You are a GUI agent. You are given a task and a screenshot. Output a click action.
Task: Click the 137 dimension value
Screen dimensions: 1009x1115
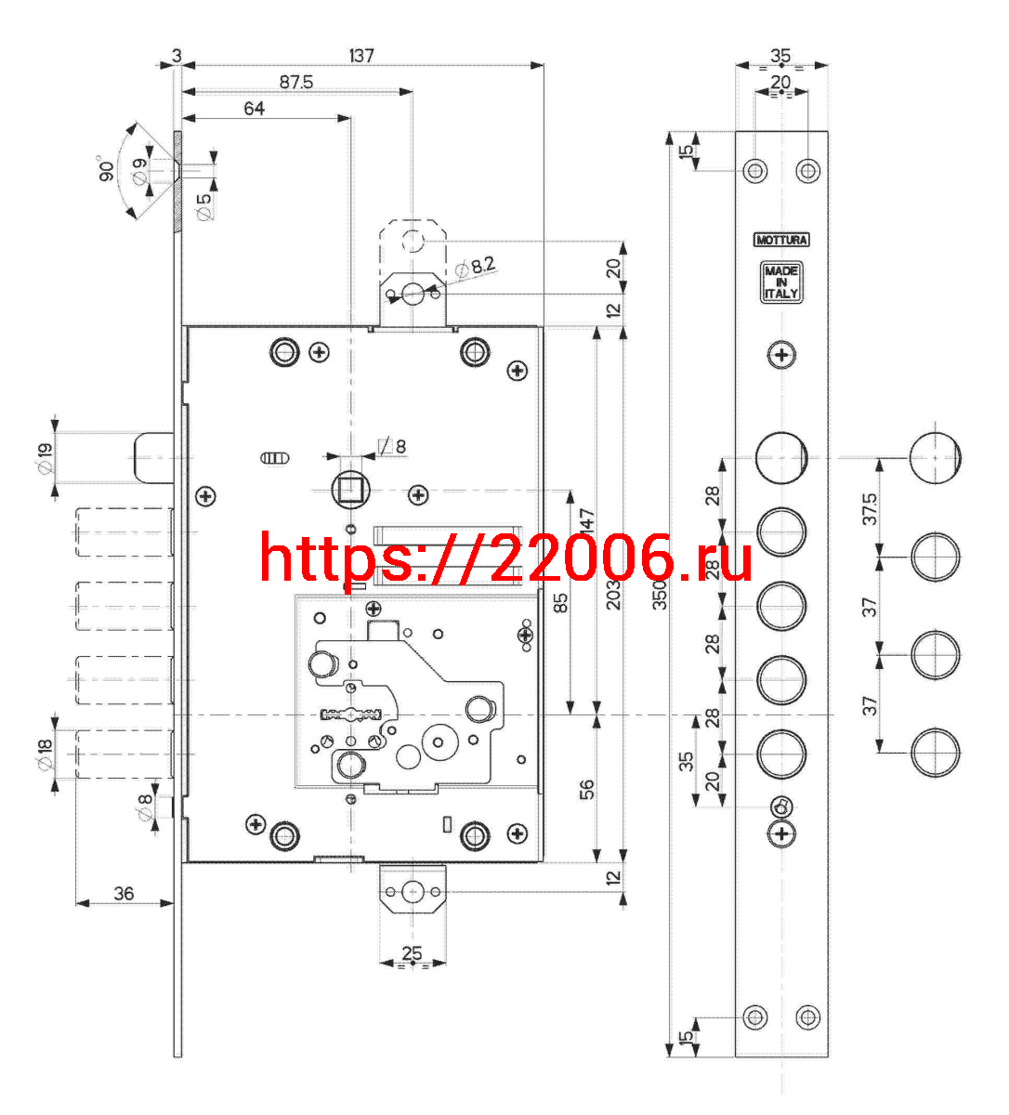click(361, 56)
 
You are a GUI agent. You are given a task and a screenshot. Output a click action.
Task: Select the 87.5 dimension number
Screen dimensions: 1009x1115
click(296, 82)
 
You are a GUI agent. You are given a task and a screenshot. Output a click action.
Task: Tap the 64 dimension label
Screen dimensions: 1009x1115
click(254, 109)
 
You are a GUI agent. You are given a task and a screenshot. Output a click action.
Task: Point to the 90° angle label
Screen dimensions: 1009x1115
click(106, 168)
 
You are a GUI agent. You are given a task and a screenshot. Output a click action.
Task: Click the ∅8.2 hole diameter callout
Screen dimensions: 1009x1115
click(476, 267)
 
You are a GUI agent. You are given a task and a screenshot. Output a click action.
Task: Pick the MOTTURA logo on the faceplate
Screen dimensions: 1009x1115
click(781, 240)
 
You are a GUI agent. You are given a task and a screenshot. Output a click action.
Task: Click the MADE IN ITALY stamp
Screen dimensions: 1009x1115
click(781, 282)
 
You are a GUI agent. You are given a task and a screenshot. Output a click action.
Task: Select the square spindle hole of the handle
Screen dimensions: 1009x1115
click(351, 490)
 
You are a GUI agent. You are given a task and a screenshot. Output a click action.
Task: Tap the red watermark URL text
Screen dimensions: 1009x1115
click(505, 557)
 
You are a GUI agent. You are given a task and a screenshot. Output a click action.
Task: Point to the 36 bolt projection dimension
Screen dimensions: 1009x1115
click(124, 894)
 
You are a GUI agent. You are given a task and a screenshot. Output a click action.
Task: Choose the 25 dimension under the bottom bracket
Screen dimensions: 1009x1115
click(412, 953)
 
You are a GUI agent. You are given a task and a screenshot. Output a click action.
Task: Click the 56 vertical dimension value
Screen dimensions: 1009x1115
click(586, 789)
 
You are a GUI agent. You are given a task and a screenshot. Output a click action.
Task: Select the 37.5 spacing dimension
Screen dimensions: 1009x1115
click(870, 508)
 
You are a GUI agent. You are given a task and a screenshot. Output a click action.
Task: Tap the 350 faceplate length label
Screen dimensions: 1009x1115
click(660, 595)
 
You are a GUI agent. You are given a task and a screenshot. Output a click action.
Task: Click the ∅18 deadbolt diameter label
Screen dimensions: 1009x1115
click(46, 754)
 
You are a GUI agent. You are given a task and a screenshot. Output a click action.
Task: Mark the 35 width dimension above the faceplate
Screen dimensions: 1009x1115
click(780, 56)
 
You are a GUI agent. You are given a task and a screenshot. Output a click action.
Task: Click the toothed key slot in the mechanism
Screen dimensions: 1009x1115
click(351, 715)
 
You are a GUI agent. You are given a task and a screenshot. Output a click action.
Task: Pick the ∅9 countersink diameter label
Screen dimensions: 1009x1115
click(140, 171)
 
